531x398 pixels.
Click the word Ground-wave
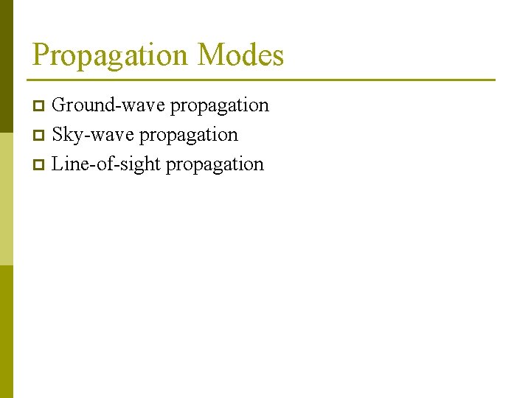pyautogui.click(x=109, y=105)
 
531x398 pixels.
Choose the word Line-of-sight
pyautogui.click(x=106, y=164)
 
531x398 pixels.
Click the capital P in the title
pyautogui.click(x=41, y=55)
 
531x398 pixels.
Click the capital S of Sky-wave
pyautogui.click(x=58, y=135)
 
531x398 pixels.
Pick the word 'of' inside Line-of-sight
pyautogui.click(x=103, y=164)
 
